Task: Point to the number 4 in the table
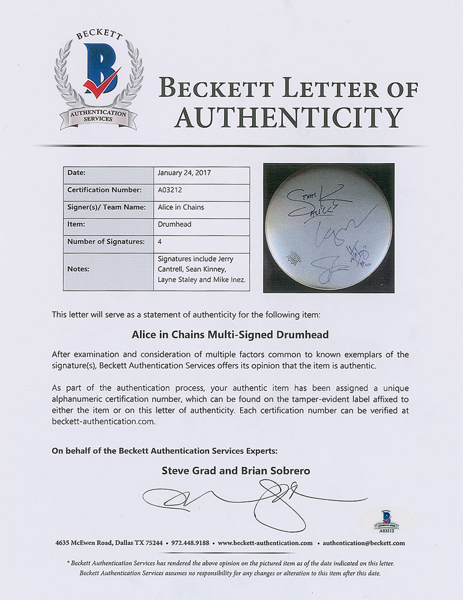tap(160, 242)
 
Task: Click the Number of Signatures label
tap(106, 242)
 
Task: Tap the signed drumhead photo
tap(328, 227)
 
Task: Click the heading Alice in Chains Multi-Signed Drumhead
tap(231, 335)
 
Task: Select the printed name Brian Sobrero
tap(274, 471)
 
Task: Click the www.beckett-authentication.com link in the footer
tap(265, 543)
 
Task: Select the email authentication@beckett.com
tap(363, 543)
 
